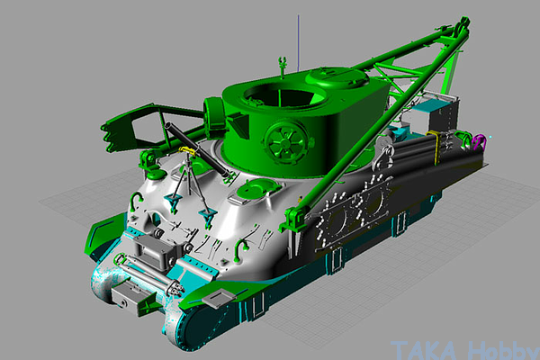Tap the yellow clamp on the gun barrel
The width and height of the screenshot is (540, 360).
pos(188,150)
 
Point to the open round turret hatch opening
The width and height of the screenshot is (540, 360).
pos(284,94)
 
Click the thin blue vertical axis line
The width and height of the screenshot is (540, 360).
pos(298,43)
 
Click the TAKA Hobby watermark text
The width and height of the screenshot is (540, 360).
pos(465,350)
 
